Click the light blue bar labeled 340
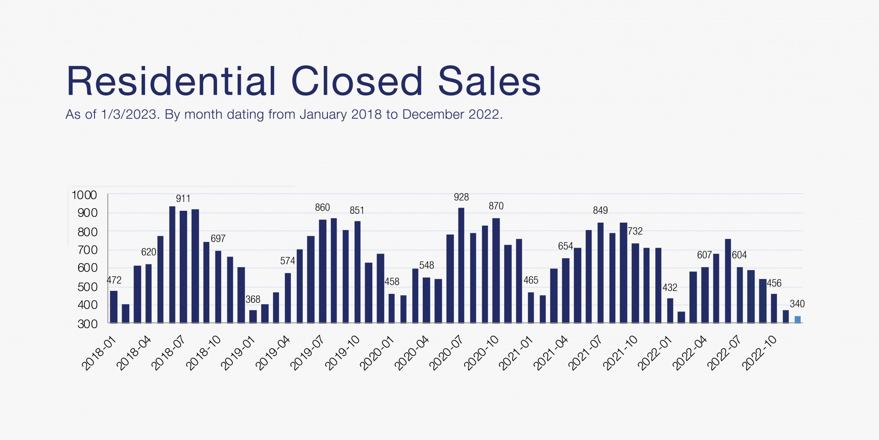click(x=797, y=319)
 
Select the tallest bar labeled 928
click(x=461, y=265)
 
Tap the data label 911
click(x=183, y=199)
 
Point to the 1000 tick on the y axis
click(x=84, y=195)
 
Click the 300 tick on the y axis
click(x=87, y=324)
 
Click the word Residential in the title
click(x=171, y=82)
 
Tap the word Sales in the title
click(x=489, y=82)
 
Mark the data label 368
click(x=253, y=300)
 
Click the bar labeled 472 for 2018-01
click(x=114, y=307)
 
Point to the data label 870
click(x=496, y=206)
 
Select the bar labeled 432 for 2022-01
click(x=670, y=311)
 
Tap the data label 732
click(x=635, y=231)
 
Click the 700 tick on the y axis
click(x=87, y=250)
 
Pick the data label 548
click(x=426, y=265)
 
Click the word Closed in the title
click(x=356, y=82)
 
